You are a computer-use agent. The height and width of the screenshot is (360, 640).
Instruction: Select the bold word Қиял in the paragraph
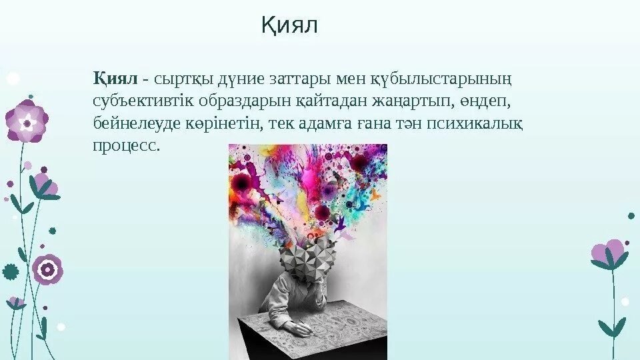click(x=115, y=79)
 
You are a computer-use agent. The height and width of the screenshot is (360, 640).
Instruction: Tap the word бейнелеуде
click(x=131, y=123)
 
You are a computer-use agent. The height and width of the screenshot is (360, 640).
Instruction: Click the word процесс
click(x=127, y=145)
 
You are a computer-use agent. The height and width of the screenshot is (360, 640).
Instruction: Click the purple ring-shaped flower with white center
click(x=47, y=269)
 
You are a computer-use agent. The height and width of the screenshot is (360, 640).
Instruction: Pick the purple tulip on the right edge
click(x=608, y=254)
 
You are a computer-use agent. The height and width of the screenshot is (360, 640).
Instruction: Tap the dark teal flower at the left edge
click(x=9, y=271)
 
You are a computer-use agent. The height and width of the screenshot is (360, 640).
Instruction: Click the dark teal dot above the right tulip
click(x=631, y=216)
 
